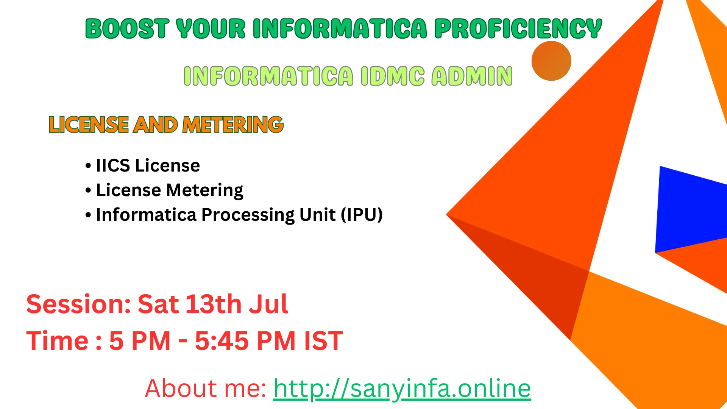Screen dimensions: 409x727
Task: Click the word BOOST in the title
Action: click(127, 29)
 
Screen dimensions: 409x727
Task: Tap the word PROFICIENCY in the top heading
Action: click(518, 29)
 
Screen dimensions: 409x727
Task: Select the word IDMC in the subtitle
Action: click(393, 76)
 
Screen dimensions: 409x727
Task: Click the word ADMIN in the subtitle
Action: click(472, 76)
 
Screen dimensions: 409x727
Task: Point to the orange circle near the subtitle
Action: click(551, 61)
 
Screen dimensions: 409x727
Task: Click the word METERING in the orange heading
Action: click(233, 125)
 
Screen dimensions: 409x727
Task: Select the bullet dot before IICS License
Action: click(88, 166)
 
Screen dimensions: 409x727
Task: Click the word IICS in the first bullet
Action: click(113, 166)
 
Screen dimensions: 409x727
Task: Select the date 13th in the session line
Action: click(214, 304)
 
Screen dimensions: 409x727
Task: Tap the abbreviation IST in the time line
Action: click(324, 341)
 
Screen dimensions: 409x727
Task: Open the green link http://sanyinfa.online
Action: click(402, 389)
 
